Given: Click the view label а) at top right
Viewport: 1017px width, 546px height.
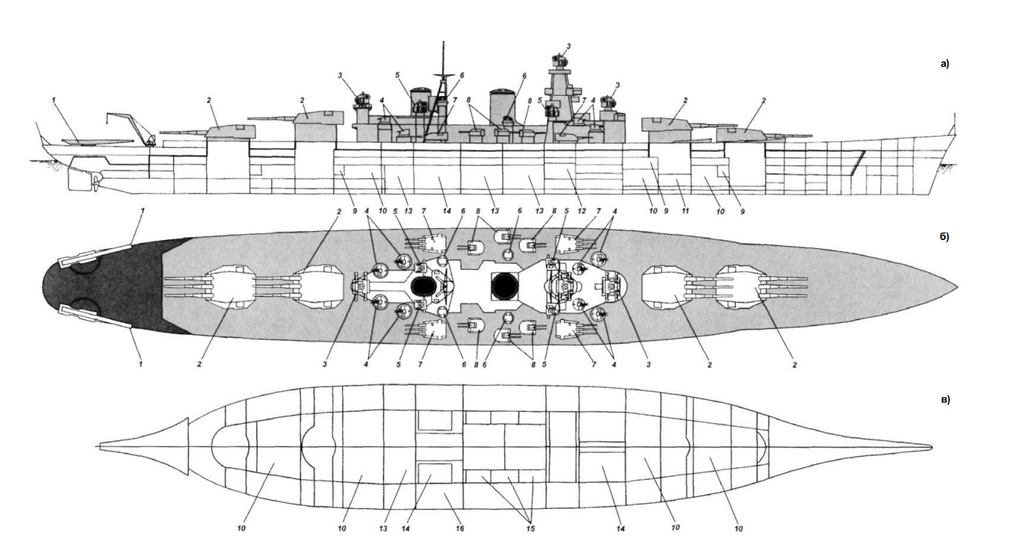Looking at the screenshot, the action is pos(944,64).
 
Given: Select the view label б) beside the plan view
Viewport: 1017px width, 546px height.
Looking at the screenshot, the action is pos(944,237).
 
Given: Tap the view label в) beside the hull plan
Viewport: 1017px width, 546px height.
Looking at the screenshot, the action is pos(945,400).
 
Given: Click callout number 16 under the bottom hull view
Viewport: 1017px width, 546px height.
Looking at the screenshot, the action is pos(460,528).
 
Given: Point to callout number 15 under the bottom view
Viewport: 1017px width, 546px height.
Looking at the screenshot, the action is pos(530,528).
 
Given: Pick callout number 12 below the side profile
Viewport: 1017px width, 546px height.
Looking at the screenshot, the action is pos(582,211).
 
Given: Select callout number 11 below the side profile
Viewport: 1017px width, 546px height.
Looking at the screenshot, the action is pos(685,211).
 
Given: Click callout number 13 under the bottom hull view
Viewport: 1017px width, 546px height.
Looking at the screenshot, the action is pos(383,528).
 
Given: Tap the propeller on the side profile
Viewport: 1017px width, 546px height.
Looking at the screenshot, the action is pos(96,183).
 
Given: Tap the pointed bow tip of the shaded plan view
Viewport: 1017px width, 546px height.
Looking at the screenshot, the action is pos(957,287).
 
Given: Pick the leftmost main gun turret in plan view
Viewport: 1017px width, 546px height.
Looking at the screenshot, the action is pos(230,287).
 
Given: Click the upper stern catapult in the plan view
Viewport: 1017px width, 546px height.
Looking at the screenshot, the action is pos(95,255).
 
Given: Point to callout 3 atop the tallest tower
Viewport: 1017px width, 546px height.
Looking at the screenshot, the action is pos(568,46).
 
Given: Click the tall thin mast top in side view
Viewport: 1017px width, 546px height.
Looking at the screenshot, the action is pos(443,42).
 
